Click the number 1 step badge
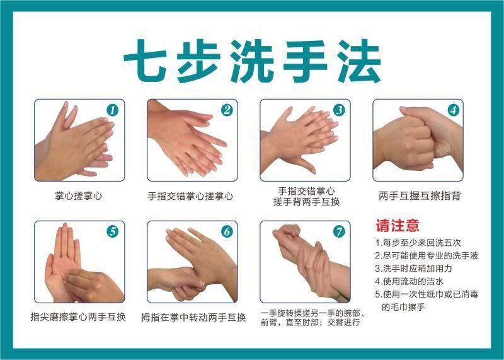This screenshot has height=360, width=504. point(113,110)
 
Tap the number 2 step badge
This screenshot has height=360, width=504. point(227,110)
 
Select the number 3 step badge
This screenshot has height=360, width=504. point(339,110)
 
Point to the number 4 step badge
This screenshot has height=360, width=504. point(453,110)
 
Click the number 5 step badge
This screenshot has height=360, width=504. point(113,231)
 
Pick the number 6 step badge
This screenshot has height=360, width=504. point(227,231)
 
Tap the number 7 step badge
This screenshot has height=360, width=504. point(339,231)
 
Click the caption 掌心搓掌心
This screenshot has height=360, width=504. point(78,195)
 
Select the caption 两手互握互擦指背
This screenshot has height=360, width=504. point(420,195)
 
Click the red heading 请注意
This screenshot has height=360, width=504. point(398,226)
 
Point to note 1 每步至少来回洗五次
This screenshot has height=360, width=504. point(418,243)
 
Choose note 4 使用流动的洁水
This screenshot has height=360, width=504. point(409,281)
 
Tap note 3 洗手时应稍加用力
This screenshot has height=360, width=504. point(413,269)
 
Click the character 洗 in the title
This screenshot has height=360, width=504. point(252,61)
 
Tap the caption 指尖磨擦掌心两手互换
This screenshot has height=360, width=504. point(78,317)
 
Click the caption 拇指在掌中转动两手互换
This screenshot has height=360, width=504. point(193,318)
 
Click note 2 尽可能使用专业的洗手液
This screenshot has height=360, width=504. point(427,255)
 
